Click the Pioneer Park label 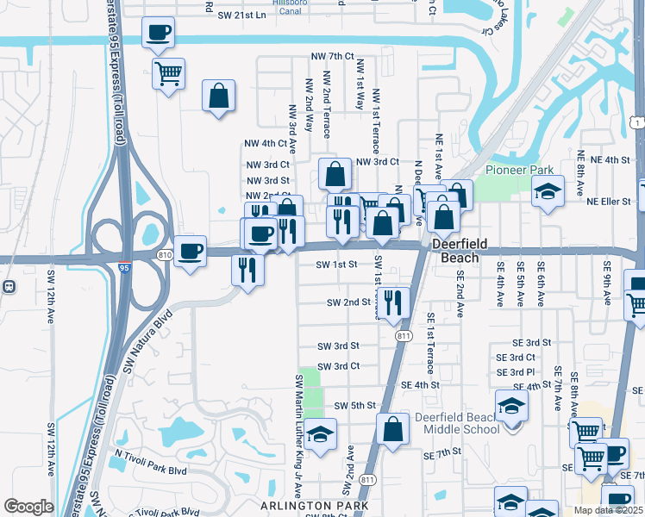(x=518, y=170)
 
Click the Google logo (x=28, y=507)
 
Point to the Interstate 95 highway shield (x=125, y=265)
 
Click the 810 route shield (x=166, y=254)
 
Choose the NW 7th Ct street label (x=334, y=57)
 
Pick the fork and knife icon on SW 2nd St (x=393, y=302)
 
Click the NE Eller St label (x=609, y=202)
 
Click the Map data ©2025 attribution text (x=608, y=510)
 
